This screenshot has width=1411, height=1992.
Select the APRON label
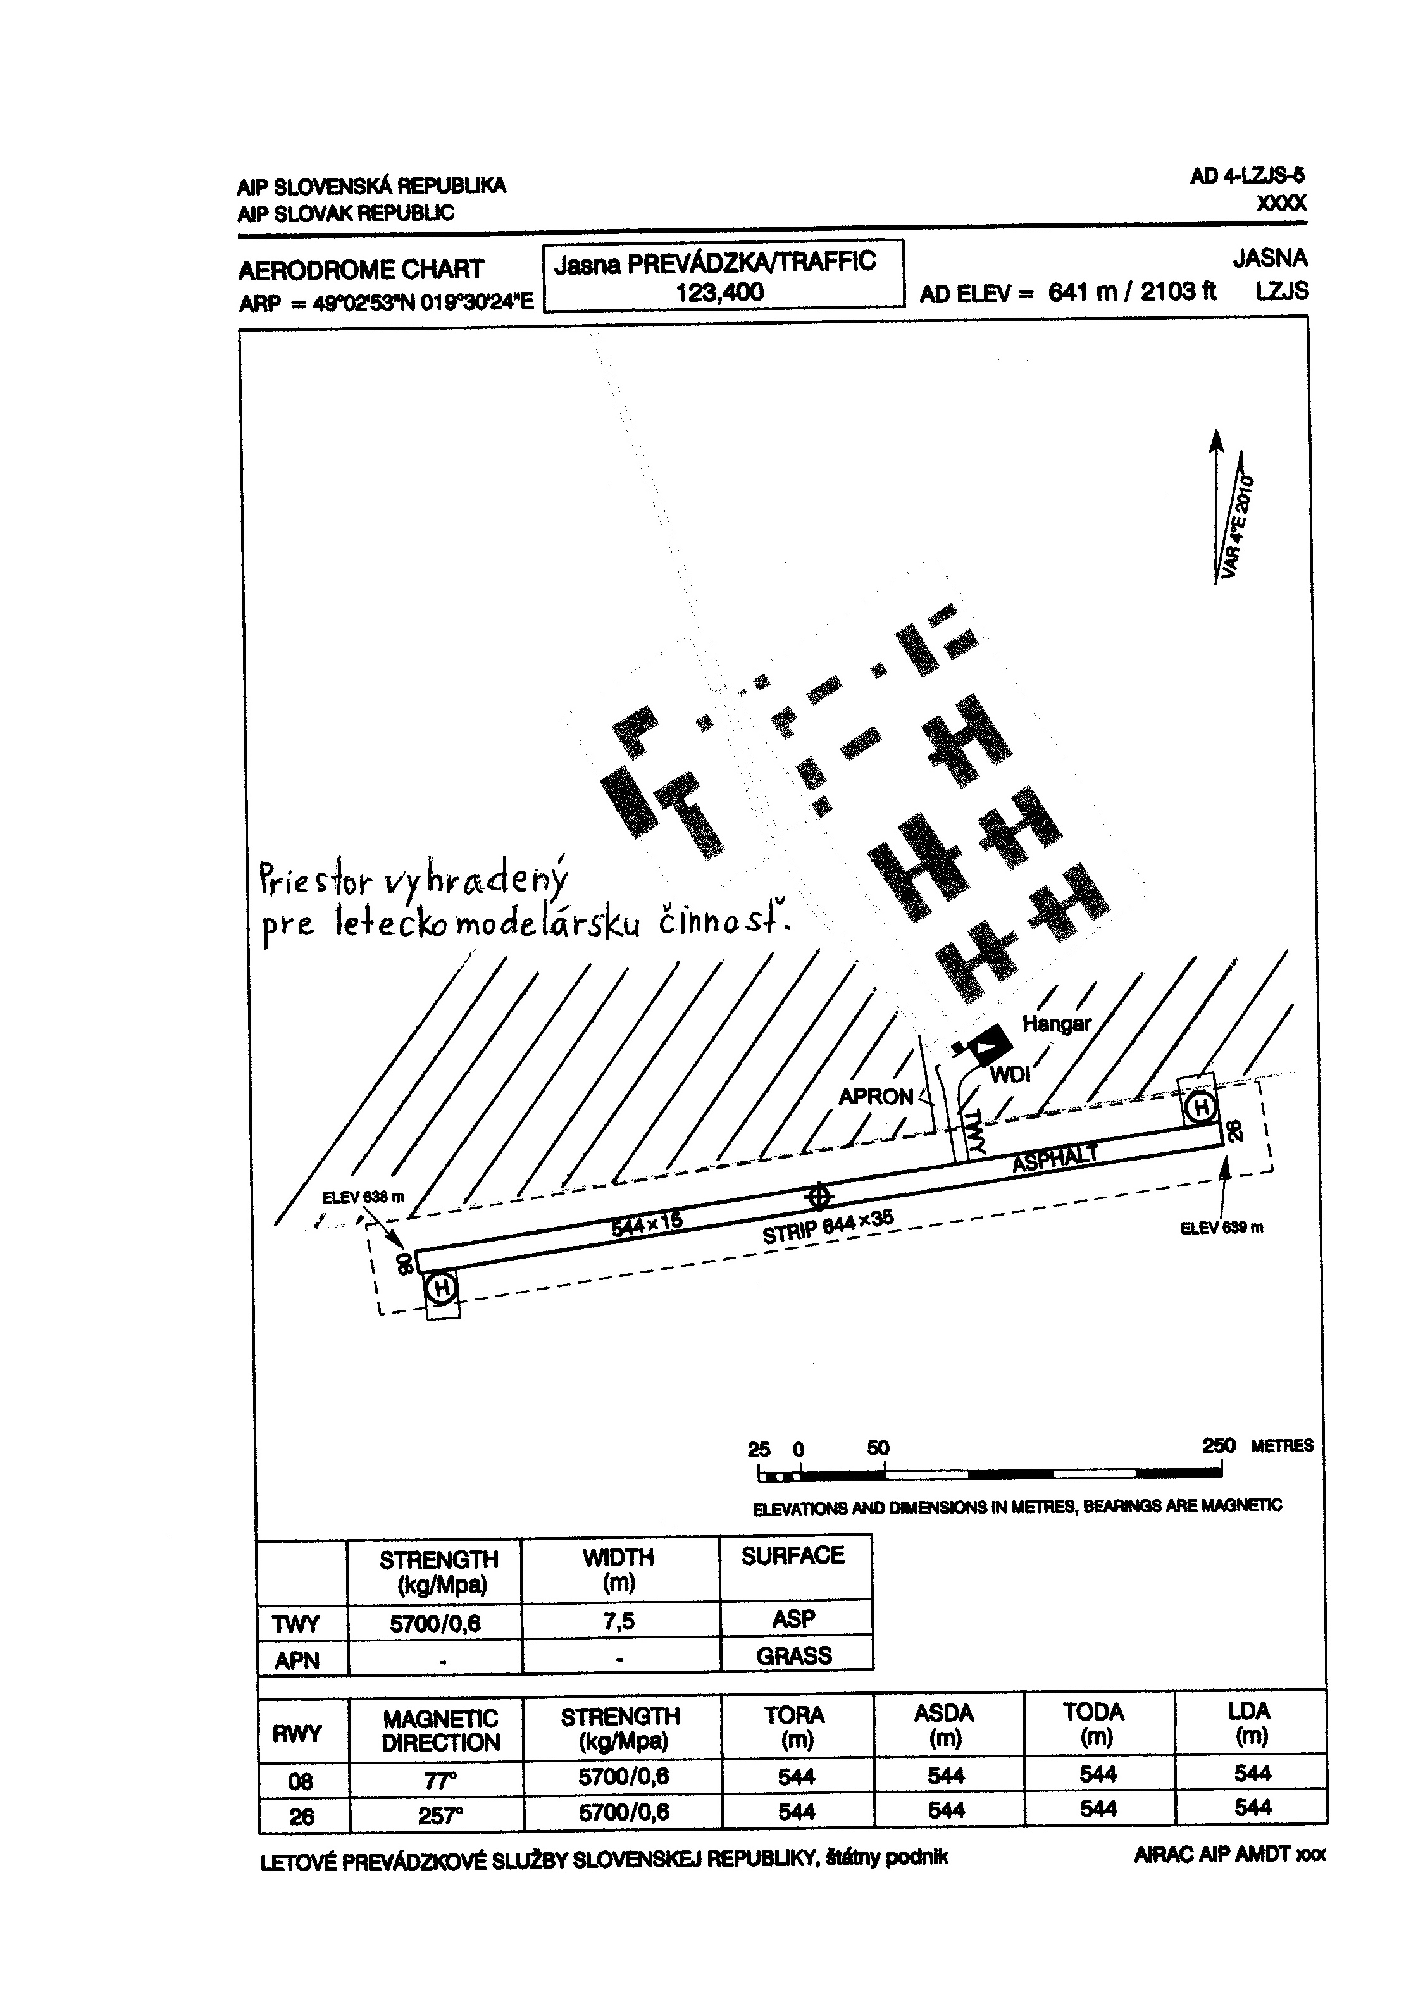tap(876, 1097)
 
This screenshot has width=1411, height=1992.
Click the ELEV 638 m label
tap(363, 1197)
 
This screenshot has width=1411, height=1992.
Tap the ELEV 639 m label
tap(1222, 1228)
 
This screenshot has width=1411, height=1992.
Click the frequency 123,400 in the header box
tap(719, 292)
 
